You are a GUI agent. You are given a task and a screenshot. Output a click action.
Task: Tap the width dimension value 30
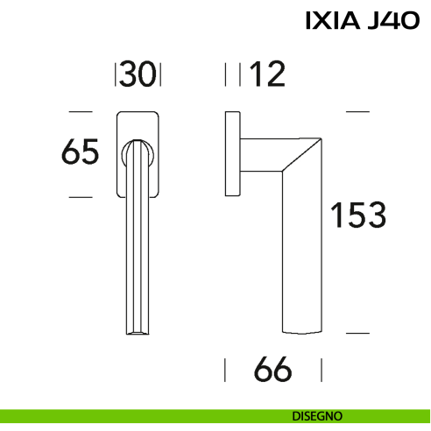click(x=138, y=75)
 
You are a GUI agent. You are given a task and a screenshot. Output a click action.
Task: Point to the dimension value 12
click(x=267, y=75)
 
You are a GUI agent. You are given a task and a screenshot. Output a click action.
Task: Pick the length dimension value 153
click(x=357, y=215)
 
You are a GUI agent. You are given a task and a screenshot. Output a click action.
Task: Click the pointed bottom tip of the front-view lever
click(x=138, y=334)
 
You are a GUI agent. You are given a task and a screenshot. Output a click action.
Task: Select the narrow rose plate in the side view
click(x=232, y=154)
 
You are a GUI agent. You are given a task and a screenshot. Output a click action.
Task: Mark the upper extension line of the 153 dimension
click(x=357, y=112)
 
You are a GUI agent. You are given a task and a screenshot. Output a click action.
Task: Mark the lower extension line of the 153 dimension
click(x=357, y=334)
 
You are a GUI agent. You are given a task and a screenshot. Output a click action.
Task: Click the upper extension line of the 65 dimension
click(x=80, y=112)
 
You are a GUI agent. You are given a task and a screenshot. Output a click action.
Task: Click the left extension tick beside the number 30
click(x=116, y=75)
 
